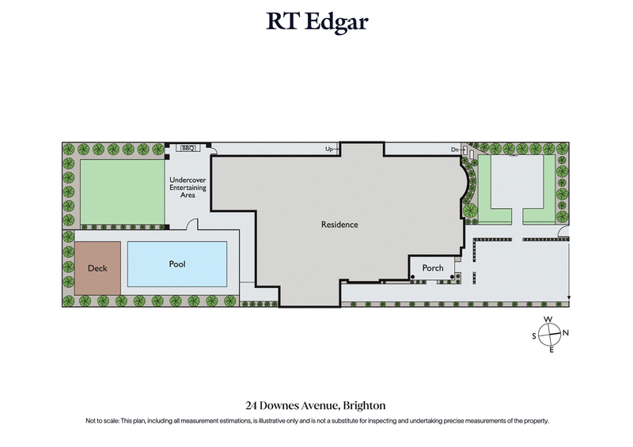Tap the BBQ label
tap(188, 148)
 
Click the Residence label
tap(339, 225)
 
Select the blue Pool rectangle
tap(177, 264)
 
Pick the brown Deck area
tap(97, 268)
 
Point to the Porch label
tap(433, 268)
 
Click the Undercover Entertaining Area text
tap(188, 188)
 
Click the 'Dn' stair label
tap(455, 149)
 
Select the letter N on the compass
tap(566, 333)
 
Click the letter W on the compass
tap(548, 320)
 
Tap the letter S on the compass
tap(534, 335)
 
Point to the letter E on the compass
tap(551, 350)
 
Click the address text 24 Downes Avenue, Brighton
tap(316, 406)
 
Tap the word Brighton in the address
tap(363, 406)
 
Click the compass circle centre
tap(550, 334)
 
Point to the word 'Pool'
tap(177, 264)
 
